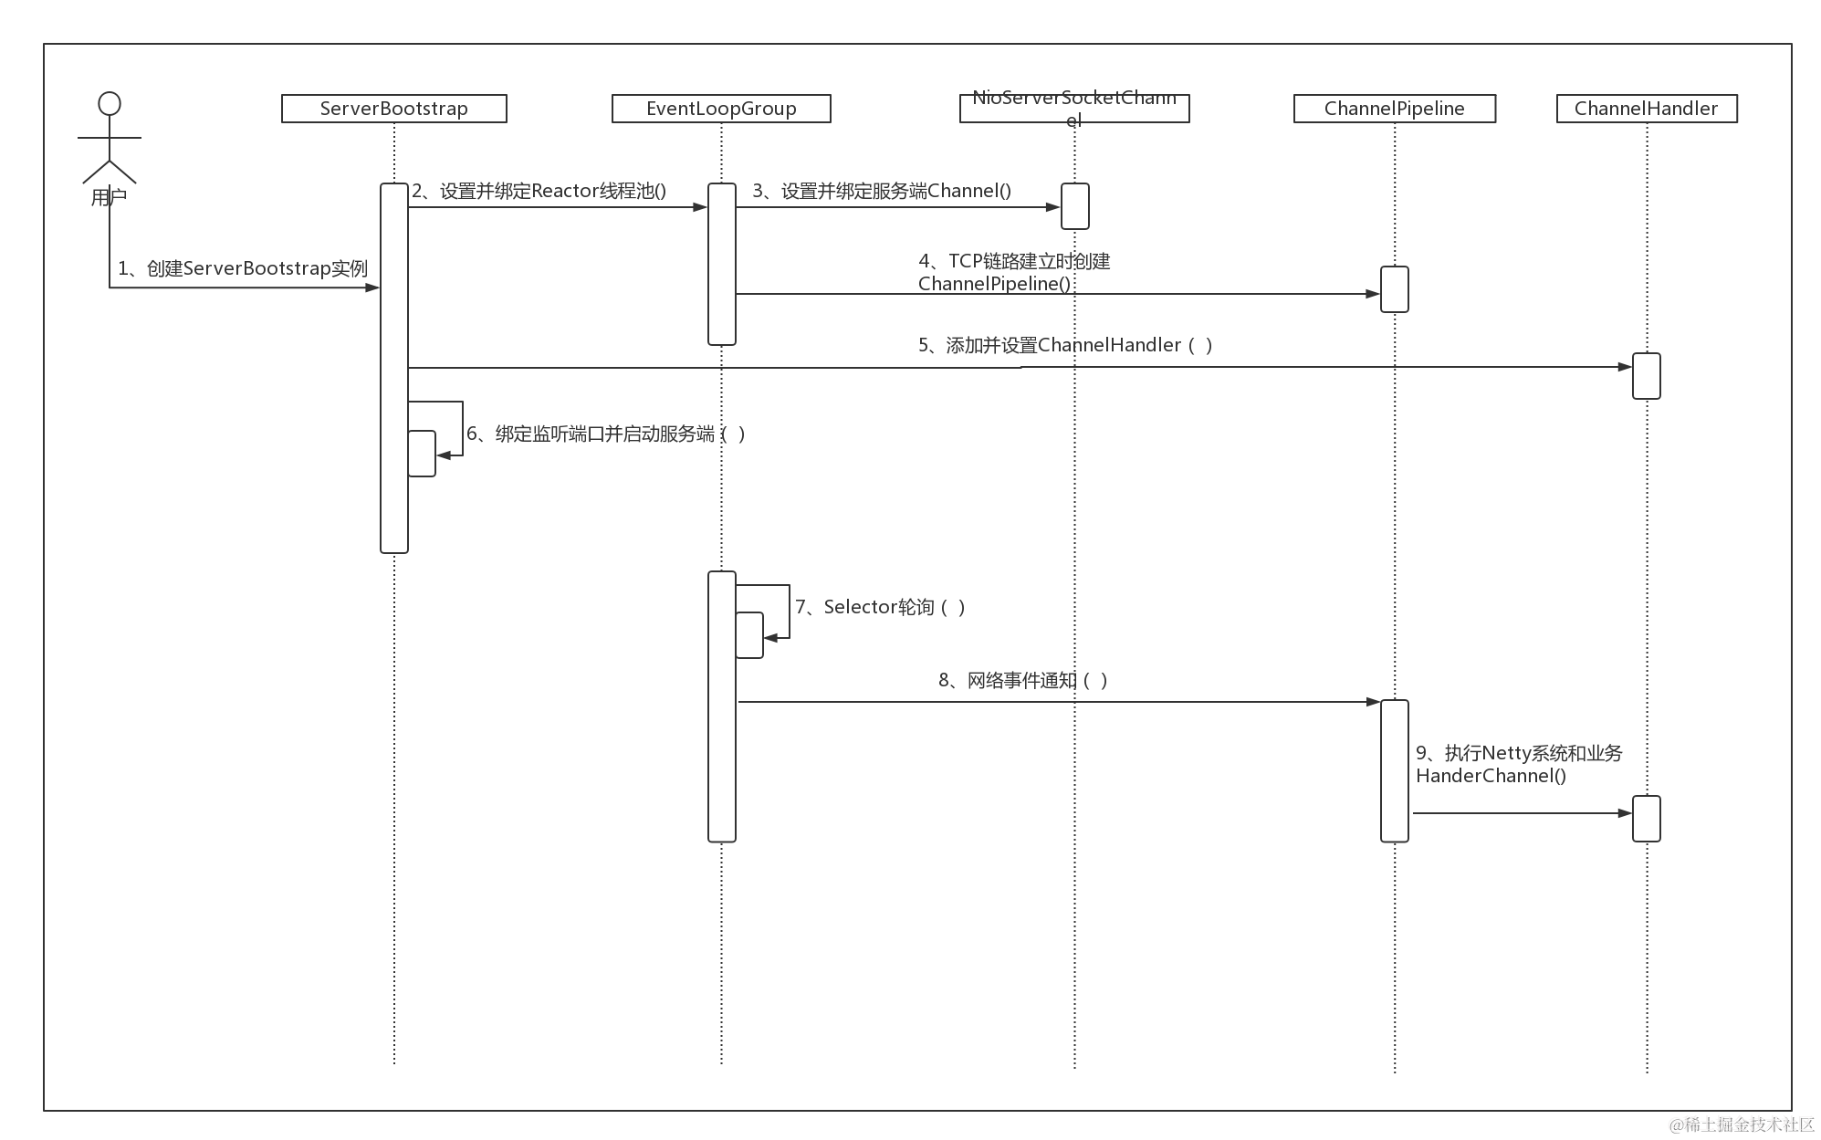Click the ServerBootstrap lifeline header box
(x=393, y=109)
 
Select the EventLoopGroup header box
(x=721, y=109)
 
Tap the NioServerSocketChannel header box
(x=1074, y=109)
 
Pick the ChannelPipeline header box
(x=1394, y=109)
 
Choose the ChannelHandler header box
(x=1646, y=109)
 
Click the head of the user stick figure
(x=110, y=102)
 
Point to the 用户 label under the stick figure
(x=109, y=197)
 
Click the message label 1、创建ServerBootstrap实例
(x=243, y=268)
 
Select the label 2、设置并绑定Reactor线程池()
(x=539, y=191)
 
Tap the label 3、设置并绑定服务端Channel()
(x=882, y=191)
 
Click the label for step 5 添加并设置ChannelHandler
(x=1065, y=345)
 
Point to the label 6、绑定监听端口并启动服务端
(x=606, y=434)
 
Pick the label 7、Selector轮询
(x=880, y=607)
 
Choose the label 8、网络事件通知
(x=1023, y=680)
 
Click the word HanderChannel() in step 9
(x=1491, y=776)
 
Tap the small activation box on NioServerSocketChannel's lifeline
(x=1074, y=205)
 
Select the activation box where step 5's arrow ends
(x=1646, y=376)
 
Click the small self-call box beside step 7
(x=749, y=634)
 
